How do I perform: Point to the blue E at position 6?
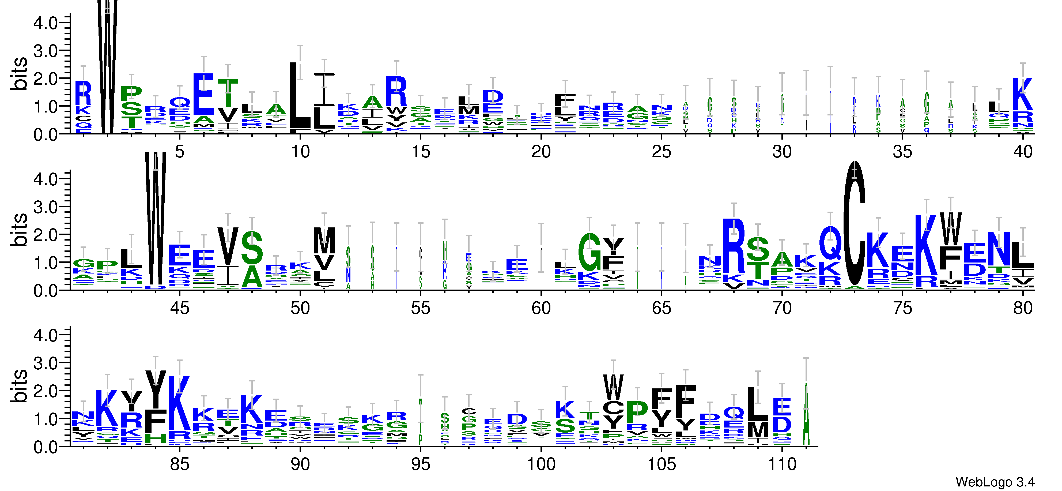(x=204, y=94)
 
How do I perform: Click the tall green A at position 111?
(x=806, y=415)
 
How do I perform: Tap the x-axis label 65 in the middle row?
(x=661, y=308)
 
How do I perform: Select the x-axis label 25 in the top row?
(x=661, y=152)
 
